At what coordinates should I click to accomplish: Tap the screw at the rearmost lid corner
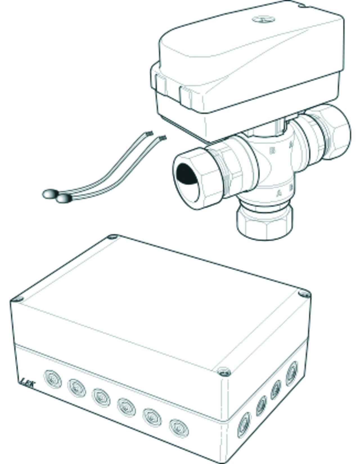(113, 237)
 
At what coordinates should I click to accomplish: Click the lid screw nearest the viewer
(224, 372)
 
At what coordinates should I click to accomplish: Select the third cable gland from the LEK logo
(101, 397)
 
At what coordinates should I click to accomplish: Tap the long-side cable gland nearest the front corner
(179, 428)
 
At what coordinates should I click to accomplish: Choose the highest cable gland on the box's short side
(292, 369)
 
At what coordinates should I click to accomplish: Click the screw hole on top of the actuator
(263, 20)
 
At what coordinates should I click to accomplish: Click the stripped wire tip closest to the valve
(163, 138)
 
